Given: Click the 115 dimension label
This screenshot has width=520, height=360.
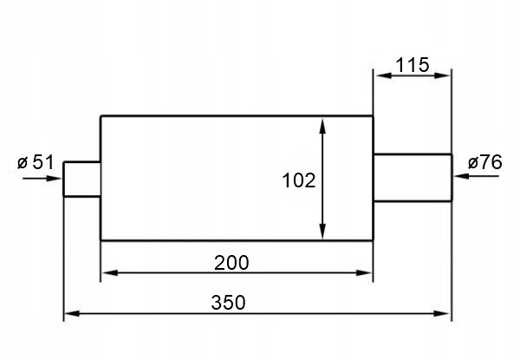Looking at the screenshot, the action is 412,65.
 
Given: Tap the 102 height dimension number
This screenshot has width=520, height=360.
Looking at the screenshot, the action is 298,180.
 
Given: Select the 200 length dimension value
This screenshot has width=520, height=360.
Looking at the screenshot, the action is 232,262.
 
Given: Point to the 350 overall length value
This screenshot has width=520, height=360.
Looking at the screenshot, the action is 229,303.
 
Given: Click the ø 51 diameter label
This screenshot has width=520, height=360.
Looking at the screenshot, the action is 36,161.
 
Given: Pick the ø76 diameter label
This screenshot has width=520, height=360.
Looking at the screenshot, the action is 484,161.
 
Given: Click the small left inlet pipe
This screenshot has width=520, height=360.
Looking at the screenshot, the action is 82,179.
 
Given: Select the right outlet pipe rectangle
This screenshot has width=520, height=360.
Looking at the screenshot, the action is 412,178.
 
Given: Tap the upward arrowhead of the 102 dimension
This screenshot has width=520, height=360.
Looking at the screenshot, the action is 323,126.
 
